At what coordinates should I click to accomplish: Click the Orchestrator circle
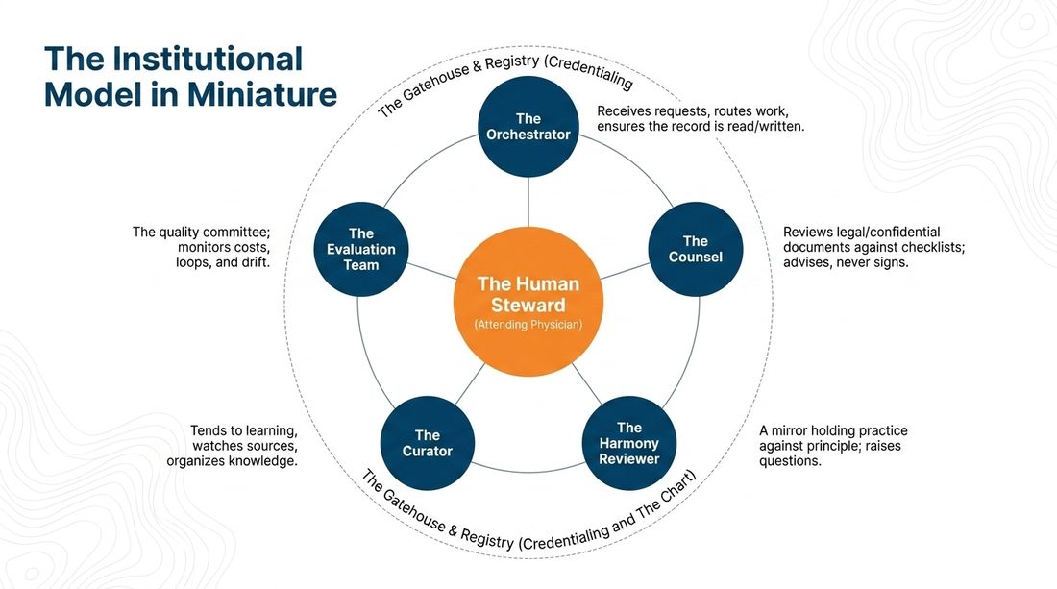[x=528, y=127]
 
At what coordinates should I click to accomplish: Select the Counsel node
[x=695, y=250]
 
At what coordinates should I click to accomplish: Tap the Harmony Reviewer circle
[x=629, y=443]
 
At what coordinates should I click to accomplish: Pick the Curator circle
[x=428, y=443]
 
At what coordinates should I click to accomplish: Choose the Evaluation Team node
[x=361, y=250]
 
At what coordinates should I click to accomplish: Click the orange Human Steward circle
[x=528, y=302]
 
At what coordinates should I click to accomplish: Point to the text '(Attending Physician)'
[x=528, y=325]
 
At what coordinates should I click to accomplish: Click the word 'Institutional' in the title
[x=208, y=60]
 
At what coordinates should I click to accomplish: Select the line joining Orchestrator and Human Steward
[x=528, y=202]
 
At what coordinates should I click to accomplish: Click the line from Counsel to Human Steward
[x=625, y=271]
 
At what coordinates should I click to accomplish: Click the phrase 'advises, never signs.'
[x=846, y=262]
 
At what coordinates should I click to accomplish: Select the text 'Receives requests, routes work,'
[x=692, y=111]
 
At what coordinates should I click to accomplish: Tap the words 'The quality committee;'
[x=201, y=232]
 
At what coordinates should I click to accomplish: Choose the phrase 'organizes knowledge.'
[x=232, y=461]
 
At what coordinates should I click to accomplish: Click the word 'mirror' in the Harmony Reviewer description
[x=789, y=430]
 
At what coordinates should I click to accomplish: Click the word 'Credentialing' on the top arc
[x=591, y=72]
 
